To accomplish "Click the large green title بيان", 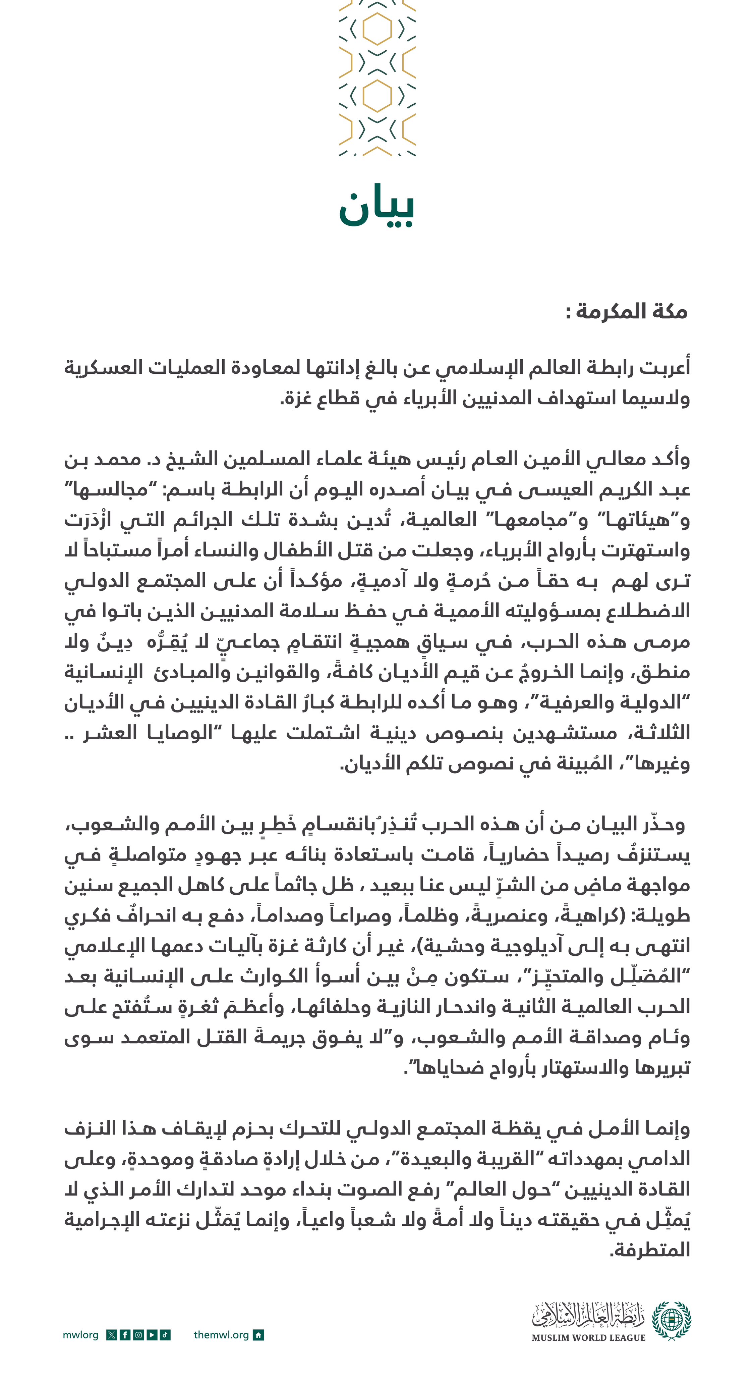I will coord(376,205).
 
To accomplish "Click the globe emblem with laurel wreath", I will coord(672,1321).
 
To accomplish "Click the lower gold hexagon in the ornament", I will coord(377,96).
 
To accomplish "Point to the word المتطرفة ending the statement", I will coord(650,1250).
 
